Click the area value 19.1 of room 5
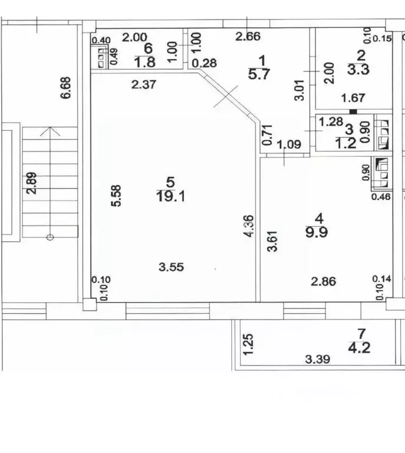click(x=170, y=196)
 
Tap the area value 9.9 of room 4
click(x=317, y=232)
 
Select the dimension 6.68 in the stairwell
click(x=66, y=88)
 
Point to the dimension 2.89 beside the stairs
click(x=32, y=183)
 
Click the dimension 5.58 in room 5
click(x=116, y=196)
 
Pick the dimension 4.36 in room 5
click(x=249, y=226)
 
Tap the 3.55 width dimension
click(x=171, y=267)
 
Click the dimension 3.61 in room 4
click(x=272, y=241)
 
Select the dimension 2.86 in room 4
click(x=323, y=281)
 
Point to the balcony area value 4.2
click(x=359, y=347)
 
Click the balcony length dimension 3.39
click(x=318, y=359)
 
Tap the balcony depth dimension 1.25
click(x=249, y=344)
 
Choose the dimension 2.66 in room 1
click(x=248, y=37)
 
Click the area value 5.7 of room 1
click(x=259, y=74)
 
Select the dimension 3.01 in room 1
click(x=299, y=90)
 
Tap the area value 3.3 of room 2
click(x=358, y=70)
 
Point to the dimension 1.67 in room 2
click(x=353, y=99)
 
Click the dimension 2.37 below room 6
click(x=144, y=85)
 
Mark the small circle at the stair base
click(x=50, y=238)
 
